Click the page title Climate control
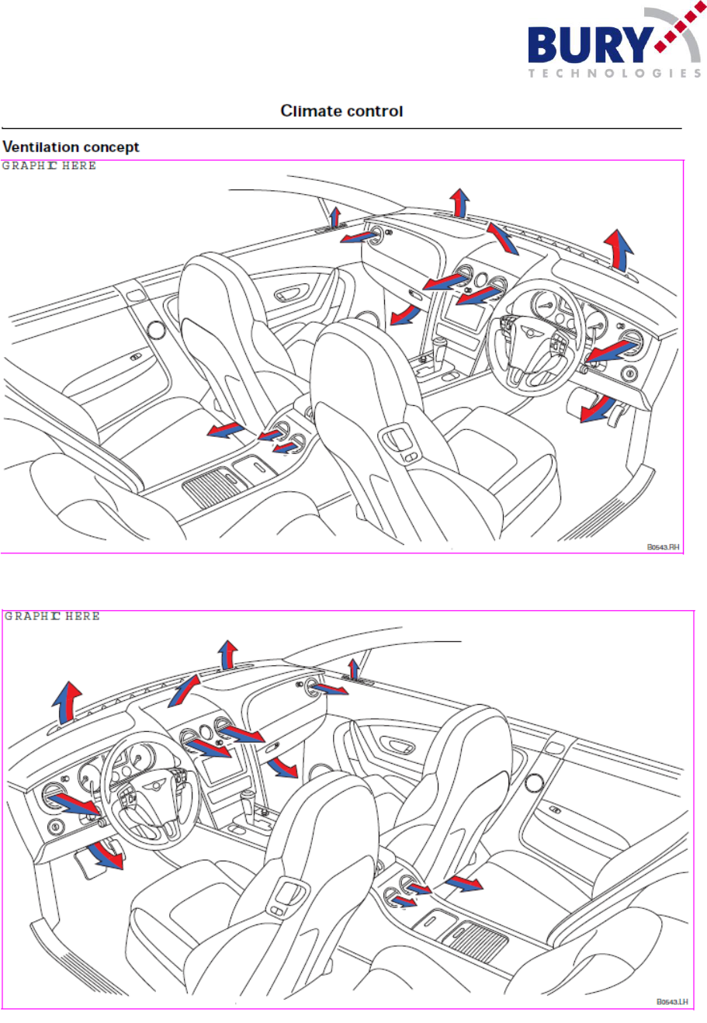tap(341, 111)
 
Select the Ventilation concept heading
tap(71, 147)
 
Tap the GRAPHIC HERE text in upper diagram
tap(49, 165)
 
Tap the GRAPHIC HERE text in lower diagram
tap(52, 616)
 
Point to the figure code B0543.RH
tap(664, 547)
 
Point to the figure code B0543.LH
tap(672, 1002)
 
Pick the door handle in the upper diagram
tap(291, 293)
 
